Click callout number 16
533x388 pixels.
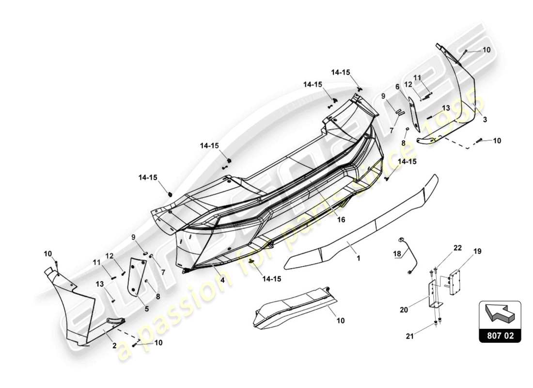click(x=341, y=220)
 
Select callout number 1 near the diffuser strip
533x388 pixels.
click(x=359, y=259)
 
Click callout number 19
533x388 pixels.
click(x=477, y=251)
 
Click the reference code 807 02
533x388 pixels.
click(x=500, y=335)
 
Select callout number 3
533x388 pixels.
click(x=485, y=119)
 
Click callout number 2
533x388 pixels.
click(x=114, y=345)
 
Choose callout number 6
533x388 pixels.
click(x=397, y=87)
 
